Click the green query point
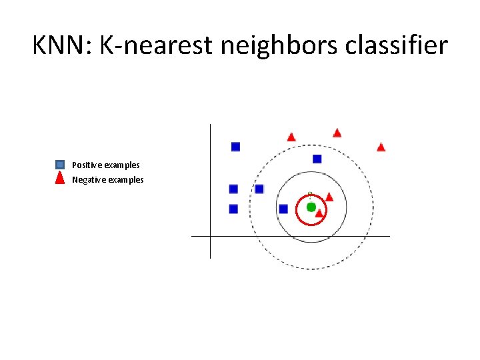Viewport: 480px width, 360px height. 311,207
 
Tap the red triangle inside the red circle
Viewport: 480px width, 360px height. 319,213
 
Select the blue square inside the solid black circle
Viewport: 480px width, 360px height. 283,209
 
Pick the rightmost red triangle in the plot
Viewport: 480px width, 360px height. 381,147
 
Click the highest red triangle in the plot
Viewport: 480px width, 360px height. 337,133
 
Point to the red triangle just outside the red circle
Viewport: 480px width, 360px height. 329,197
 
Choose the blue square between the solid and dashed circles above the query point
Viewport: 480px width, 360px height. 317,159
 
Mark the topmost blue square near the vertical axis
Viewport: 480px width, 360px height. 235,147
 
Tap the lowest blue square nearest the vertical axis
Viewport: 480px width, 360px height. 233,209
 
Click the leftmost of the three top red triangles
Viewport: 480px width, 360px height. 291,137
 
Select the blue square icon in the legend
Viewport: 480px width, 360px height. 60,165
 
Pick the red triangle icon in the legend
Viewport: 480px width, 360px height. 60,179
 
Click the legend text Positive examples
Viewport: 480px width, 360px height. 106,165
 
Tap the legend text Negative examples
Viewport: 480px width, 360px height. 108,180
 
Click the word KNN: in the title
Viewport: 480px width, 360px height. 63,46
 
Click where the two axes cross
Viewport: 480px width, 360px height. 210,236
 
